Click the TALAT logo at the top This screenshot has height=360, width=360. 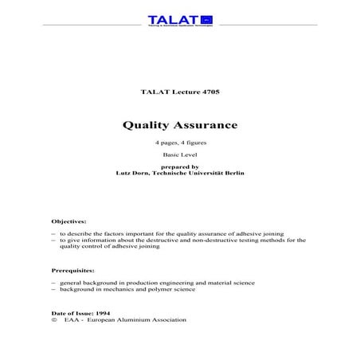[x=179, y=20]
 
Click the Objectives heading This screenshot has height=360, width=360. [x=70, y=219]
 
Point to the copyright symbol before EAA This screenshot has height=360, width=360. [x=53, y=319]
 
